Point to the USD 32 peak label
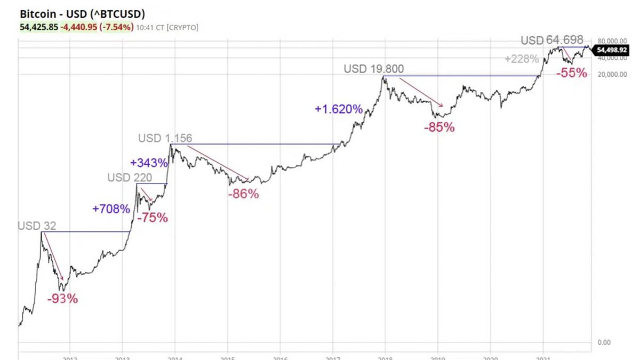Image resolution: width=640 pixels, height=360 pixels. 37,226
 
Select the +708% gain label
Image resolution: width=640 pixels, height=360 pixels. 111,209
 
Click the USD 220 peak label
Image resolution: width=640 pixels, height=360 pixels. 130,178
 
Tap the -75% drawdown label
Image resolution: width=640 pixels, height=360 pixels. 153,218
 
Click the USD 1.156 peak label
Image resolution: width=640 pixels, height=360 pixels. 165,138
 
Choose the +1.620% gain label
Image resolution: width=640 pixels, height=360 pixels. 339,109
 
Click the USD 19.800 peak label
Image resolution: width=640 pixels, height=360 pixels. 374,69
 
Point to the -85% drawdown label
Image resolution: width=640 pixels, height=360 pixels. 439,127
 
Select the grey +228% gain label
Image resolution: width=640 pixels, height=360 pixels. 522,59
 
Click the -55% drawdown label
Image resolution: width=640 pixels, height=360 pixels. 571,74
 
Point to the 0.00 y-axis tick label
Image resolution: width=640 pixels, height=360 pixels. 604,342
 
